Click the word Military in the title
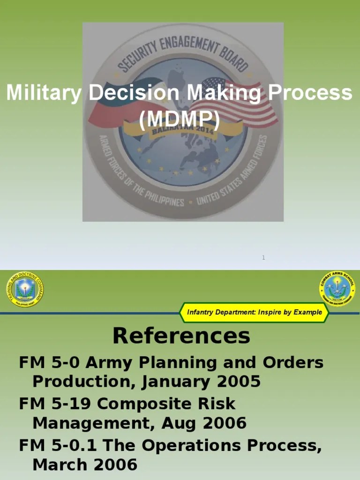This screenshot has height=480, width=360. [x=43, y=93]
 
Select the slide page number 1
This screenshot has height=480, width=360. [x=263, y=257]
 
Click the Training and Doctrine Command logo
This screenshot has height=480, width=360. [x=25, y=289]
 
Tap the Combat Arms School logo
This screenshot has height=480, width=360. [x=337, y=288]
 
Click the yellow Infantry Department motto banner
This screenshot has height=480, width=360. [x=254, y=312]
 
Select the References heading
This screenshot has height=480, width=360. [x=181, y=336]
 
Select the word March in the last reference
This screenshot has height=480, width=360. [x=61, y=465]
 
